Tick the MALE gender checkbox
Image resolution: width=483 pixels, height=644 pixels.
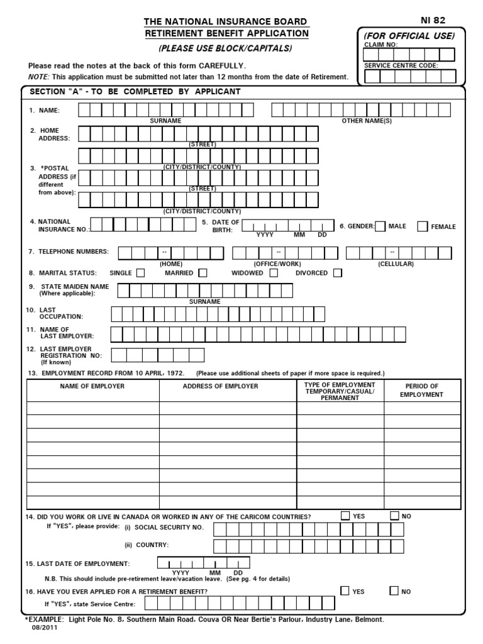click(x=380, y=226)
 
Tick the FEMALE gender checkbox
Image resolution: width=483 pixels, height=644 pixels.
click(x=423, y=226)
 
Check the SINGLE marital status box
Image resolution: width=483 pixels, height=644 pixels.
click(x=140, y=273)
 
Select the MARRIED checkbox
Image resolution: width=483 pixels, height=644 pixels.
click(x=203, y=273)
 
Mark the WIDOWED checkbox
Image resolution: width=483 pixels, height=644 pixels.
click(x=274, y=273)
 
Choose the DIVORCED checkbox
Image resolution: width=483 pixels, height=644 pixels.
click(x=338, y=273)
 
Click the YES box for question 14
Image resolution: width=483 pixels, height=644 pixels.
click(x=345, y=516)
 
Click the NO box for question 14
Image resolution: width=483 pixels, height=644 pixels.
click(x=394, y=516)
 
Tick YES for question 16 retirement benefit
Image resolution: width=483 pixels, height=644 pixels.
click(x=345, y=591)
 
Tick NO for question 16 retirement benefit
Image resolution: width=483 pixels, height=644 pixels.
click(x=394, y=591)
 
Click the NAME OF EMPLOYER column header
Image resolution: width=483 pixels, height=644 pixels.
click(x=92, y=386)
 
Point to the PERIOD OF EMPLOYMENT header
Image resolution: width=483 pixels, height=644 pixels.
click(x=421, y=390)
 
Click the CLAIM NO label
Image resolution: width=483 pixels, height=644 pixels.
click(x=379, y=45)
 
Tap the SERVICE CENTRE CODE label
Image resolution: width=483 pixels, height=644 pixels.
click(x=401, y=65)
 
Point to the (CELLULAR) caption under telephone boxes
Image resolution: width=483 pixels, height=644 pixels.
click(x=396, y=264)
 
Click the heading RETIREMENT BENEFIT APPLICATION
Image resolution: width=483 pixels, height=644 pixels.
click(x=226, y=33)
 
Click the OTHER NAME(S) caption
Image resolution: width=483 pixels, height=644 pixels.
click(x=367, y=120)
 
